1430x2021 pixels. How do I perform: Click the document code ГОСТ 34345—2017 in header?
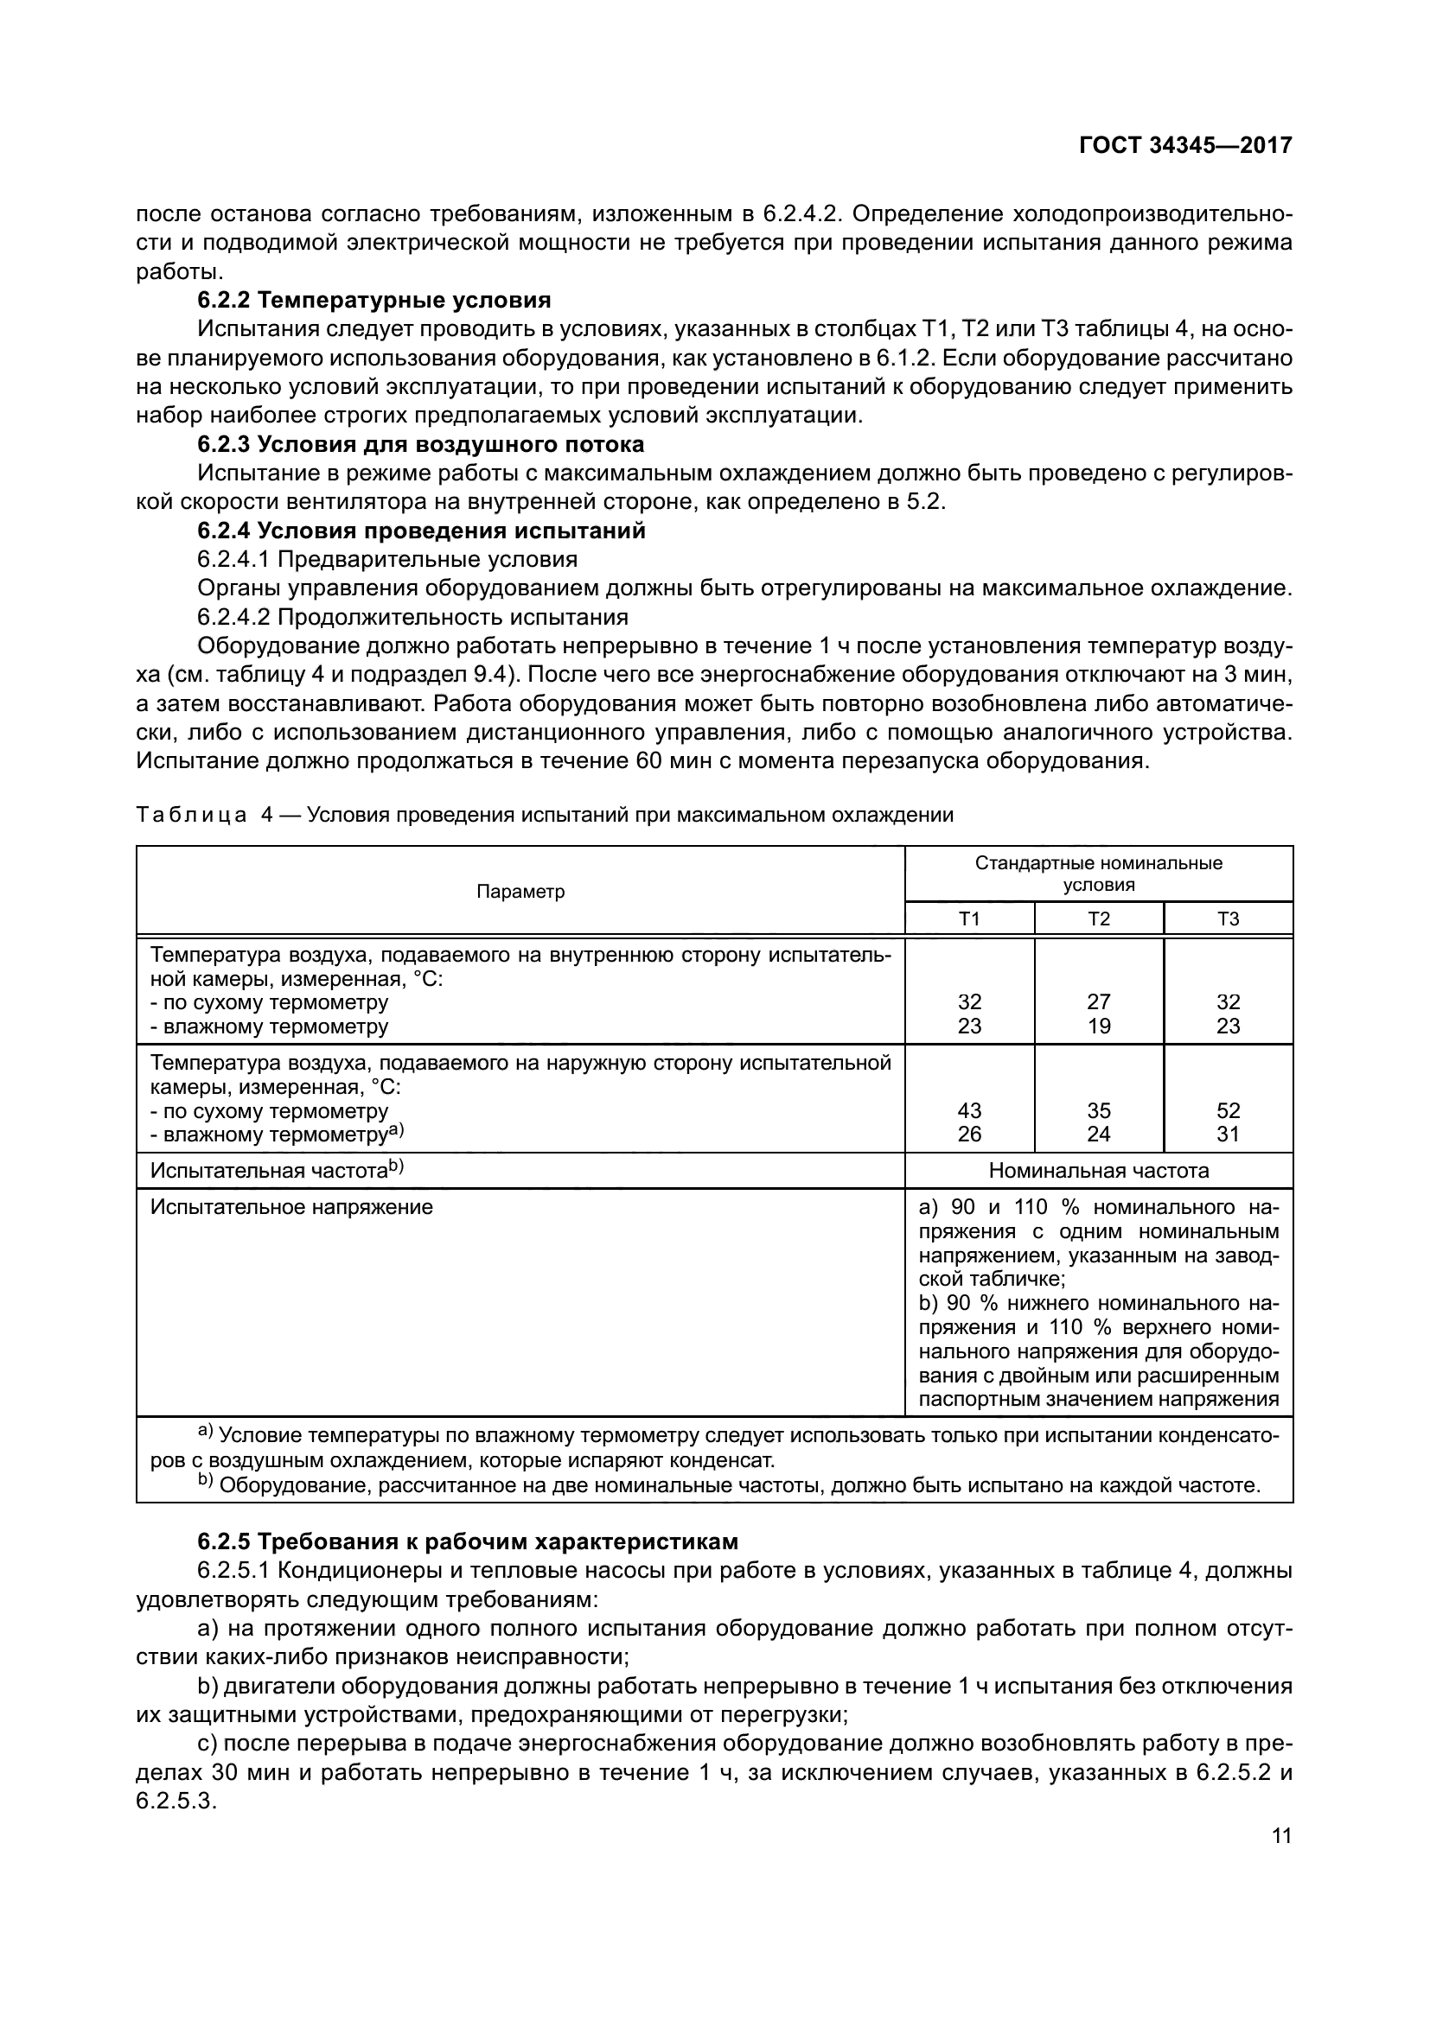pos(1185,145)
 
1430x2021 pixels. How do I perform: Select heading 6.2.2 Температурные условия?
pos(374,300)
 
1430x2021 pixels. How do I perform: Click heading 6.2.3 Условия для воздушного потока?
pos(420,443)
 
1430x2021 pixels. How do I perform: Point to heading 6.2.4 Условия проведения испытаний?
pos(421,531)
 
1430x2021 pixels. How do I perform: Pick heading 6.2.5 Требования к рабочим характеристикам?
pos(468,1541)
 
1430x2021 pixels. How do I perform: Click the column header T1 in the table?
pos(968,919)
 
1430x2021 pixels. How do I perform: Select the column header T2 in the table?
pos(1098,919)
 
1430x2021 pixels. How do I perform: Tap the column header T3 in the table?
pos(1228,919)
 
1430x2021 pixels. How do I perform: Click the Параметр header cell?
pos(520,892)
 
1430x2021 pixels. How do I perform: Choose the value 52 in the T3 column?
pos(1228,1111)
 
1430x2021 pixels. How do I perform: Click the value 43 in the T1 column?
pos(968,1111)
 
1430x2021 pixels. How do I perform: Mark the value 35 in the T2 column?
pos(1098,1111)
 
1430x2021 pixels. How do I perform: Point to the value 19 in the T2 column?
pos(1098,1026)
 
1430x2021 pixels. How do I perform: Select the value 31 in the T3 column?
pos(1228,1134)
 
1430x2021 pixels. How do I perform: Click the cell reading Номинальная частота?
pos(1098,1171)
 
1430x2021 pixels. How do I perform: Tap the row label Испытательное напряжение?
pos(291,1207)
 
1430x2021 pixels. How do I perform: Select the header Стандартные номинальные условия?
pos(1098,874)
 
